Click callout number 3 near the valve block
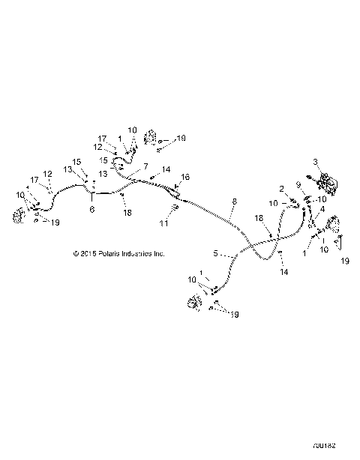coord(316,162)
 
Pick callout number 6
coord(92,211)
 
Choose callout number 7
coord(145,166)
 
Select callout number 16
coord(185,177)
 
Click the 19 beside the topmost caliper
coord(181,139)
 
